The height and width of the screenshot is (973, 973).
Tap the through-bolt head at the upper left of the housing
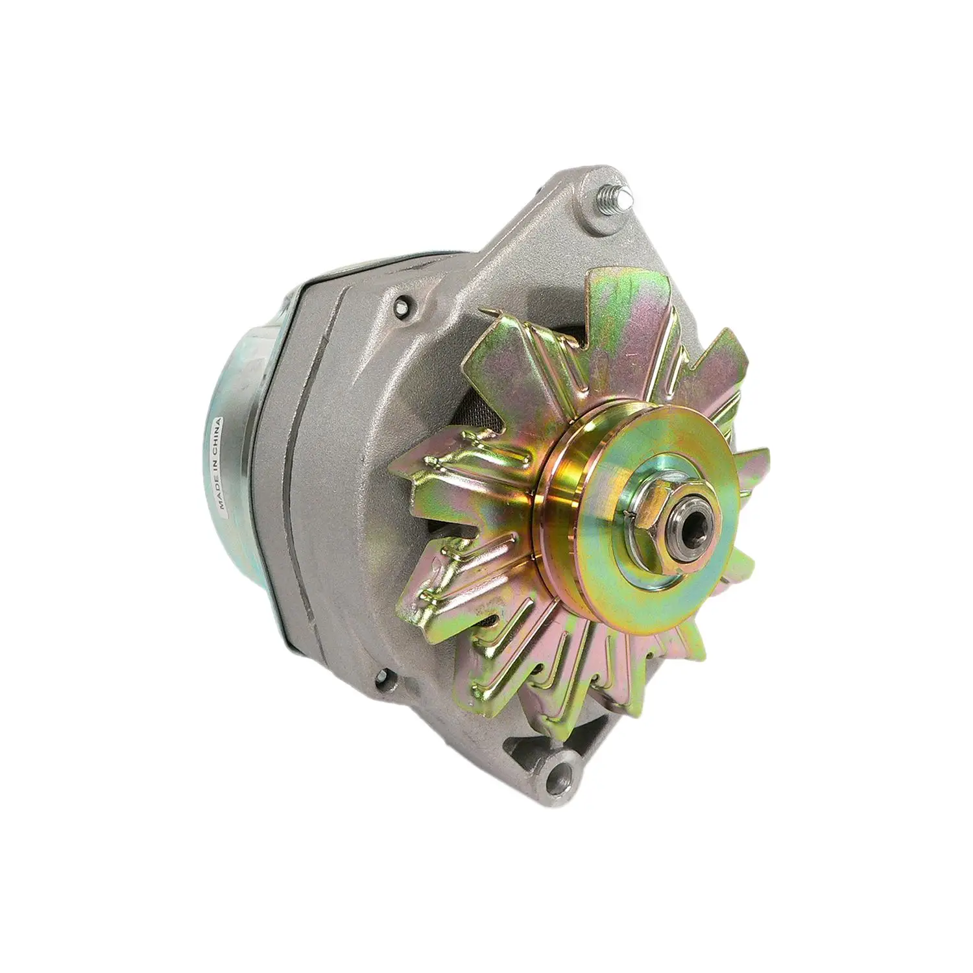404,303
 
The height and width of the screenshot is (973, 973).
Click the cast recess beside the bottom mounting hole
519,746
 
